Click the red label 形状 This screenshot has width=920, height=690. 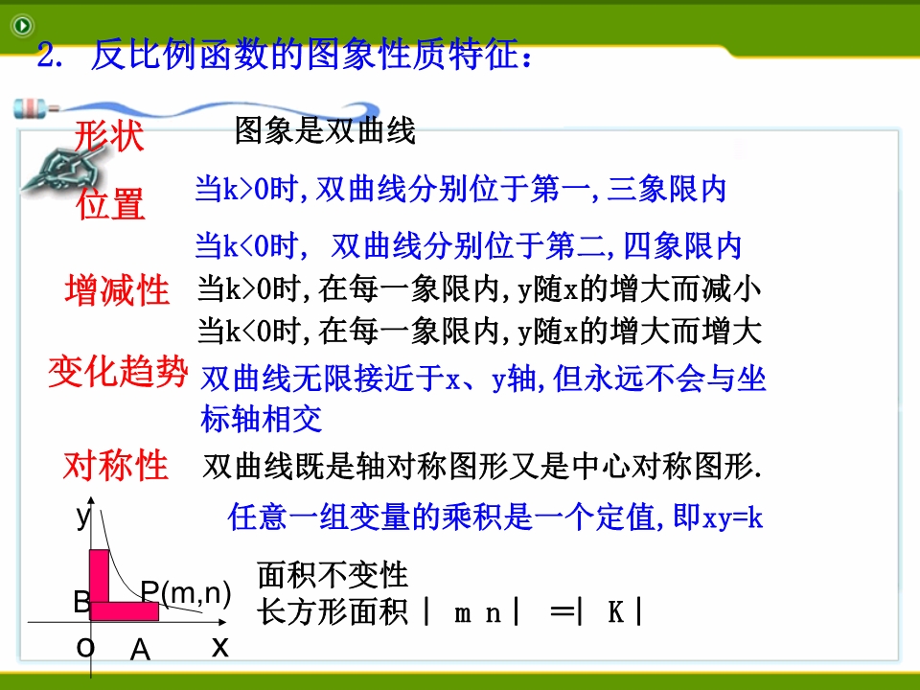[109, 136]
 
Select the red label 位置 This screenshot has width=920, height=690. [110, 203]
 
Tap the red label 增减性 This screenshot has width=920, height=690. [117, 289]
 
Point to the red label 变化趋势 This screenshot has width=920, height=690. [118, 372]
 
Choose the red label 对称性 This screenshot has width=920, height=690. [116, 466]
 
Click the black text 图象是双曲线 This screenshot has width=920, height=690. [325, 129]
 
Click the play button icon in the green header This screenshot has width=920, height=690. [23, 25]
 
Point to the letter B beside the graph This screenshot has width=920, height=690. [81, 602]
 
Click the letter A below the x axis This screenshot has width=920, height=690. [140, 650]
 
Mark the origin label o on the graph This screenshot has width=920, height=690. [85, 648]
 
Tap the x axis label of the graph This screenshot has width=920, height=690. [220, 647]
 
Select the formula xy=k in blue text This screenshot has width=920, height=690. [732, 518]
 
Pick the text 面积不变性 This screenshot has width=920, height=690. [333, 574]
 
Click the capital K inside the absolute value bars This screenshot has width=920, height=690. [615, 612]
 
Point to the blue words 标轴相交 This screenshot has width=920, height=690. [262, 419]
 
